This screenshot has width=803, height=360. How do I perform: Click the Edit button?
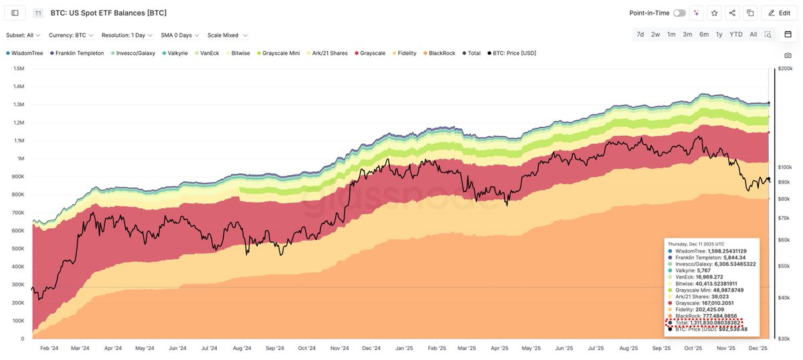click(x=778, y=13)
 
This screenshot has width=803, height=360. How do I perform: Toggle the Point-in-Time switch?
click(x=679, y=13)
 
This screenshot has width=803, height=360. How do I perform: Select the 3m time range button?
click(x=687, y=34)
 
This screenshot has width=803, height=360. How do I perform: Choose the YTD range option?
click(x=735, y=34)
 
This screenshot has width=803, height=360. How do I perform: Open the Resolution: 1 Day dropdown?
click(x=126, y=35)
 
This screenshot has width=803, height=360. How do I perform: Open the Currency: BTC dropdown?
click(x=72, y=35)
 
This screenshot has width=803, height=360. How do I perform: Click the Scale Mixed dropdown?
click(x=228, y=35)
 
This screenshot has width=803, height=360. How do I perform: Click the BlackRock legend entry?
click(x=442, y=53)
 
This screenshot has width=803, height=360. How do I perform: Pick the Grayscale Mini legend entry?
click(x=280, y=53)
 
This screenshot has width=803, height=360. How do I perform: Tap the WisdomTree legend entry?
click(x=27, y=53)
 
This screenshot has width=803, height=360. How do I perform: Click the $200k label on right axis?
click(x=784, y=68)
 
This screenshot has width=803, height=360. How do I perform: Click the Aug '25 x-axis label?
click(x=628, y=348)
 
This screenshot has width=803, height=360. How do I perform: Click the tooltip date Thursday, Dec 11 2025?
click(x=696, y=244)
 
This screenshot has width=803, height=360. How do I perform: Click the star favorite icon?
click(x=715, y=13)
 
